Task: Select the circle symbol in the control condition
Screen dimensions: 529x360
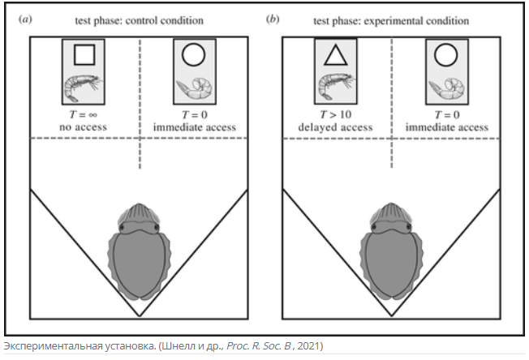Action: tap(194, 54)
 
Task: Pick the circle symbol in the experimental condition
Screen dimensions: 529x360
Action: tap(446, 55)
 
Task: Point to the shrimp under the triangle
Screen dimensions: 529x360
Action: tap(336, 87)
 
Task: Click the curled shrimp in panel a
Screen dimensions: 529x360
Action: tap(195, 88)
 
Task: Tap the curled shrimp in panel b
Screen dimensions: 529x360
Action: tap(446, 88)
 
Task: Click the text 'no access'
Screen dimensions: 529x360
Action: tap(83, 127)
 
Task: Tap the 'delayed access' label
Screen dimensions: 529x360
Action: tap(335, 127)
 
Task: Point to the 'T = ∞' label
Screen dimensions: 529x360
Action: tap(83, 115)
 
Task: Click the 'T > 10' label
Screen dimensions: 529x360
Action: tap(336, 114)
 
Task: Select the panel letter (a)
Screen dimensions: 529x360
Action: tap(25, 19)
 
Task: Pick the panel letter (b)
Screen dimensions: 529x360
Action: tap(273, 19)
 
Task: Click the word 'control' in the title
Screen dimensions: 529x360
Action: tap(141, 20)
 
